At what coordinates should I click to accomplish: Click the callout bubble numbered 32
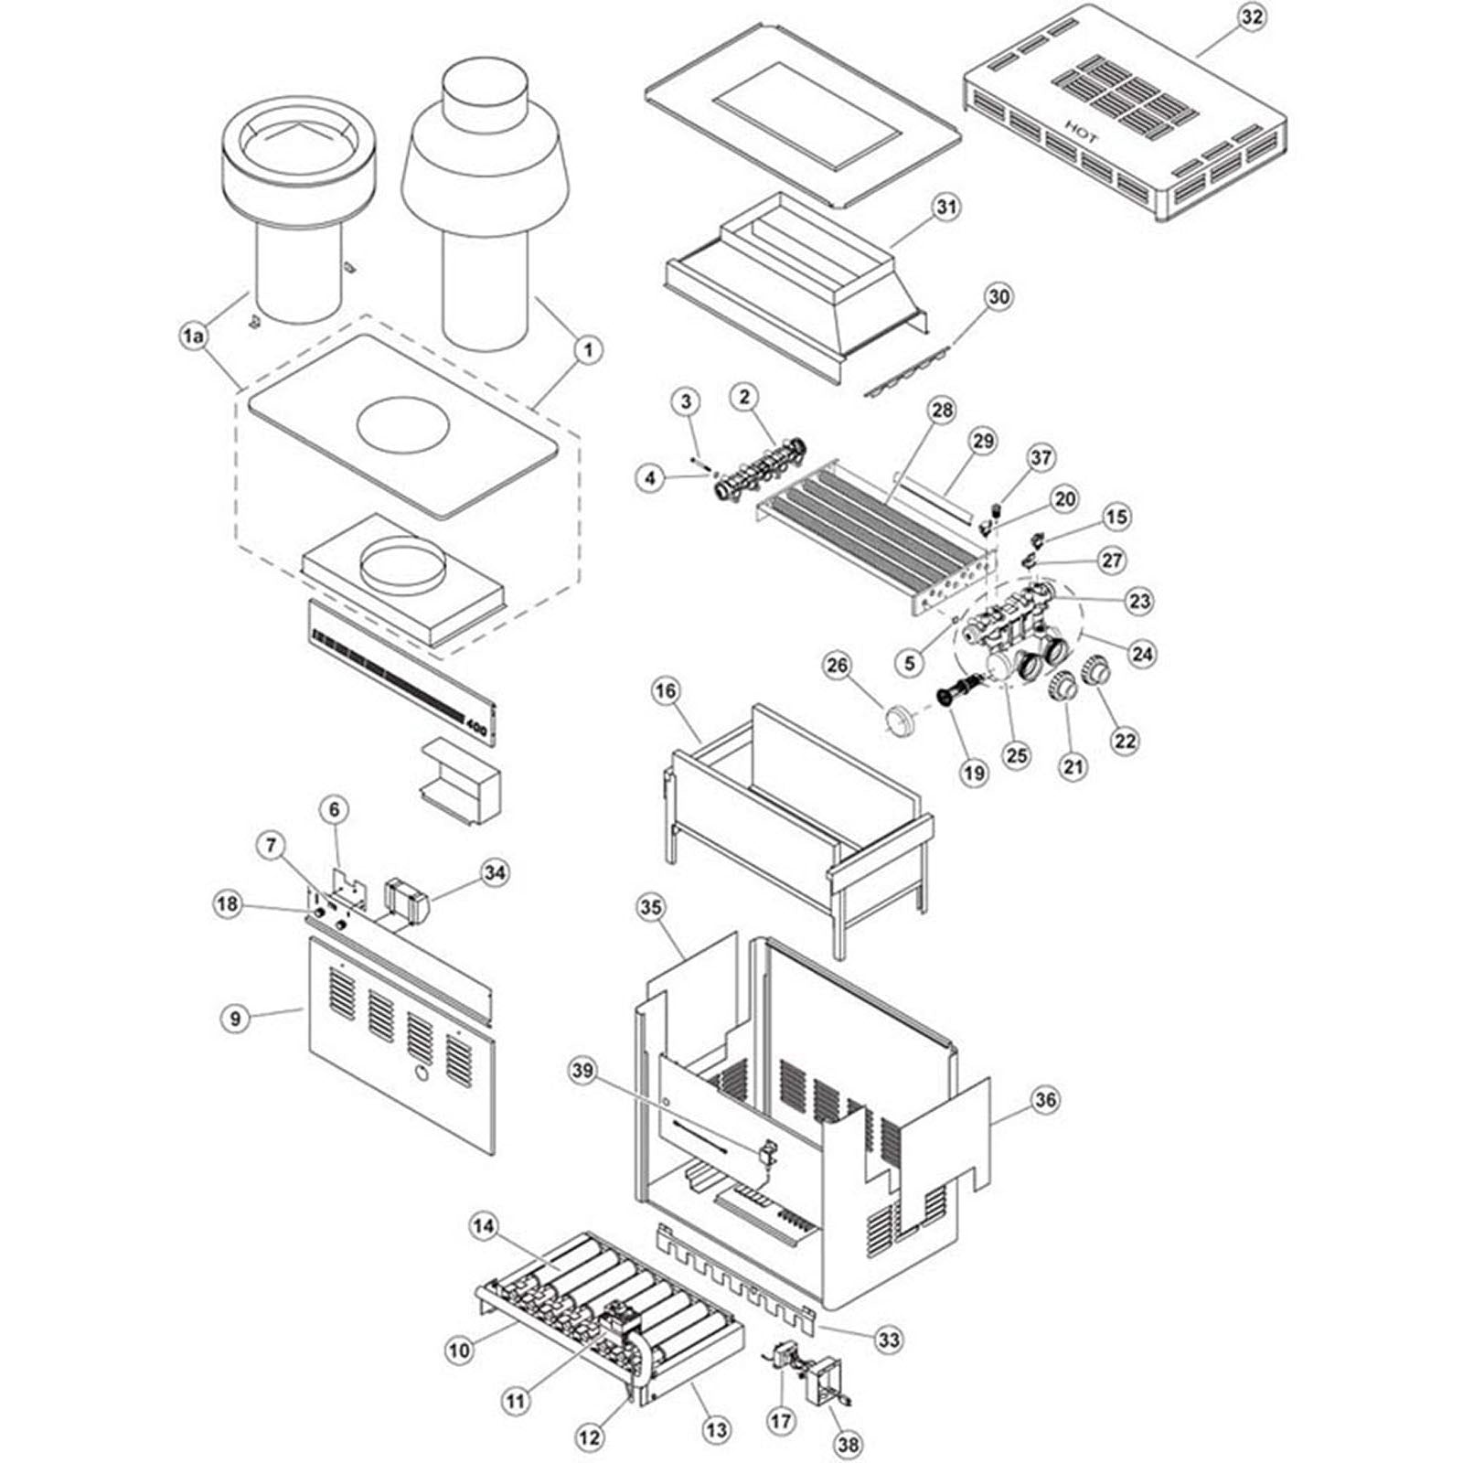click(1252, 18)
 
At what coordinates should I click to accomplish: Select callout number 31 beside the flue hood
click(945, 207)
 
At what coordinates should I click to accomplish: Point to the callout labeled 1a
click(193, 336)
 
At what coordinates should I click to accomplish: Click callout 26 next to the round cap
click(837, 666)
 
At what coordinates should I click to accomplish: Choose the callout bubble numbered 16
click(666, 691)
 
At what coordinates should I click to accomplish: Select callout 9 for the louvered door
click(236, 1017)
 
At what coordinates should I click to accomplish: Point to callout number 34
click(494, 873)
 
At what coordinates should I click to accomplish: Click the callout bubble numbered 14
click(485, 1225)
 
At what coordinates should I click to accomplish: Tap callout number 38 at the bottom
click(848, 1444)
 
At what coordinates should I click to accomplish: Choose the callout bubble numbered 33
click(887, 1340)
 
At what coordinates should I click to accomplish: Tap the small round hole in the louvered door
click(419, 1071)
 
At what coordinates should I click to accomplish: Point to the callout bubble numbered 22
click(1124, 740)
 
